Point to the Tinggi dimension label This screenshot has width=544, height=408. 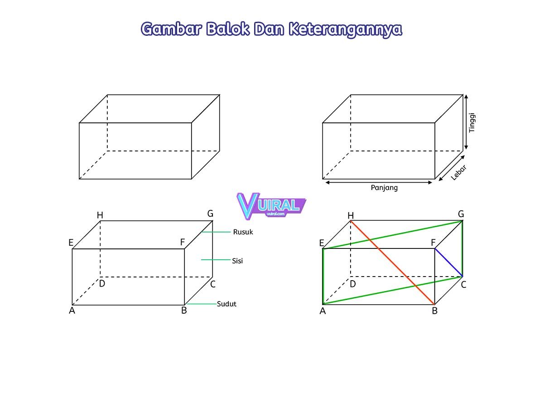[x=472, y=122]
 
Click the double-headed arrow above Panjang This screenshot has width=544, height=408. [x=379, y=182]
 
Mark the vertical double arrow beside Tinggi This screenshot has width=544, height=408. [x=466, y=122]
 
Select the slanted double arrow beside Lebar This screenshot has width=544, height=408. [x=450, y=168]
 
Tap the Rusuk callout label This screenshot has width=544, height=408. [x=243, y=232]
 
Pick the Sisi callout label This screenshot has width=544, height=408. [x=237, y=261]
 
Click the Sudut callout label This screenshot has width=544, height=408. [x=226, y=304]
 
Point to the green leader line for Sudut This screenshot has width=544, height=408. [x=202, y=304]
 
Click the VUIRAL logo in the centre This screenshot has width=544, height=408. [x=271, y=205]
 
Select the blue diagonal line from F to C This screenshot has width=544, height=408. [x=448, y=262]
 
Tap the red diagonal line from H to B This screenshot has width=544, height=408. [x=392, y=262]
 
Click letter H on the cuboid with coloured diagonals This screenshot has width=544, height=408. [x=350, y=215]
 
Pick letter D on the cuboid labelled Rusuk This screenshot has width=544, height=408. [x=102, y=284]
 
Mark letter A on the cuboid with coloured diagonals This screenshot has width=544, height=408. [x=323, y=311]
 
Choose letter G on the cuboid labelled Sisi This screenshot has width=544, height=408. [x=210, y=213]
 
